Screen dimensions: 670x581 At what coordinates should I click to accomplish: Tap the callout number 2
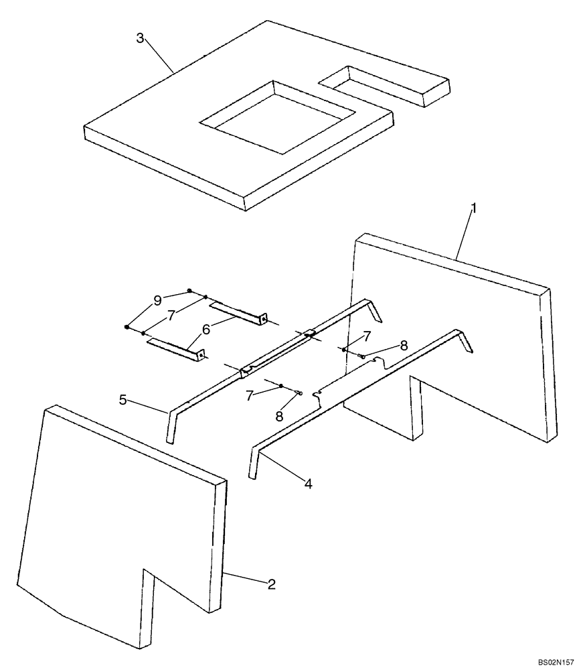(271, 584)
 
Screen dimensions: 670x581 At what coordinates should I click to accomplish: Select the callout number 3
(140, 38)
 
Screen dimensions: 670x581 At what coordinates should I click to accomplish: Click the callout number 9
(157, 301)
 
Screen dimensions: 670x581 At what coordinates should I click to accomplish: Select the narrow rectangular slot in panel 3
(383, 86)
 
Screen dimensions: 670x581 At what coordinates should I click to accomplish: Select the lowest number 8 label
(279, 416)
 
